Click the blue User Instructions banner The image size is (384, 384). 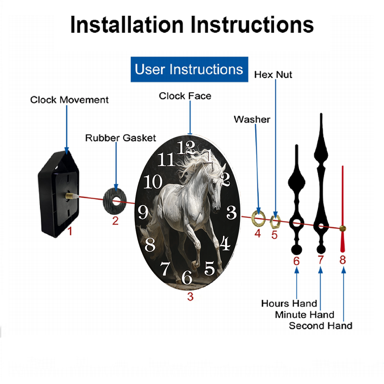point(189,69)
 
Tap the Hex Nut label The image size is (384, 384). point(273,75)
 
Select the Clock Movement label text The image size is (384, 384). point(69,100)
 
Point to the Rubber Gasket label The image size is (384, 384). point(121,138)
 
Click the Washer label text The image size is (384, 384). point(252,119)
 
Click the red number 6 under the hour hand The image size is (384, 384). point(296,261)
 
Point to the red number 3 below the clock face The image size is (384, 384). point(190,297)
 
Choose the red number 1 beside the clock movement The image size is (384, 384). point(70,231)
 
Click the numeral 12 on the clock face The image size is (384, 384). point(186,148)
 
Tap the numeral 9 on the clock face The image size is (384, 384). point(143,212)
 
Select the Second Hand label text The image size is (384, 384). point(321,326)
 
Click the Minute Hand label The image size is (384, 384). point(305,315)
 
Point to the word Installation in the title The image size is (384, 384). point(127,25)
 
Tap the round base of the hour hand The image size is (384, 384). point(296,250)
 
